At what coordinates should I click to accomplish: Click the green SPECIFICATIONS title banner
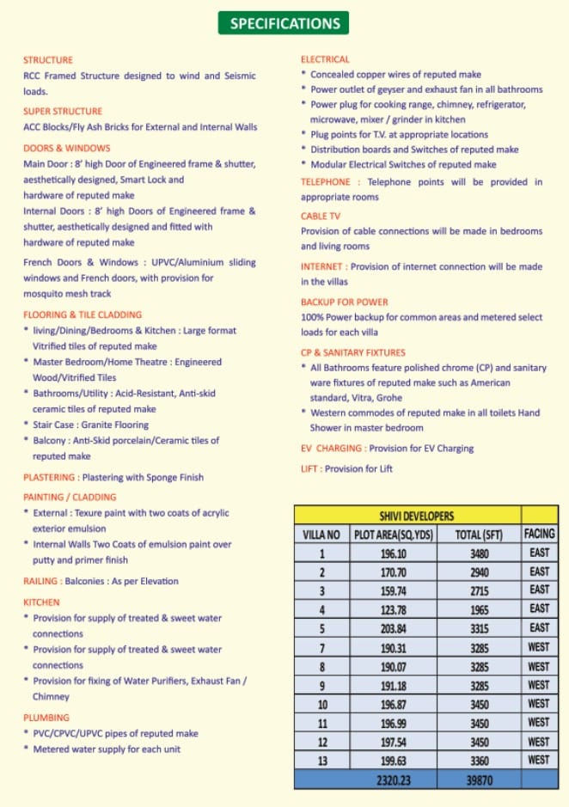click(284, 23)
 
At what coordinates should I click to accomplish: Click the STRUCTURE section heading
click(48, 60)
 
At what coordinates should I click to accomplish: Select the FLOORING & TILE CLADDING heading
click(83, 315)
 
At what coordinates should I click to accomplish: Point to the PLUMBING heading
click(46, 718)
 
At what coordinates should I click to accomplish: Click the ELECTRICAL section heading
click(325, 59)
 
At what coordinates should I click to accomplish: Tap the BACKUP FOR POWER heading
click(344, 303)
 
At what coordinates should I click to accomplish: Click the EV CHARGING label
click(331, 449)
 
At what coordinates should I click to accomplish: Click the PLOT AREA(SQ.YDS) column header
click(394, 535)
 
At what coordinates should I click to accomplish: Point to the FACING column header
click(539, 534)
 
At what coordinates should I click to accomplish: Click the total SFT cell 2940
click(478, 572)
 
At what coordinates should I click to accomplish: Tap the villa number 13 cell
click(321, 761)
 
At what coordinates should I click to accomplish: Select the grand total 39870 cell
click(478, 779)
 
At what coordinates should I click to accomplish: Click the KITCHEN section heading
click(41, 602)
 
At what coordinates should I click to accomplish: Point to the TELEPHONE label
click(326, 182)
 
